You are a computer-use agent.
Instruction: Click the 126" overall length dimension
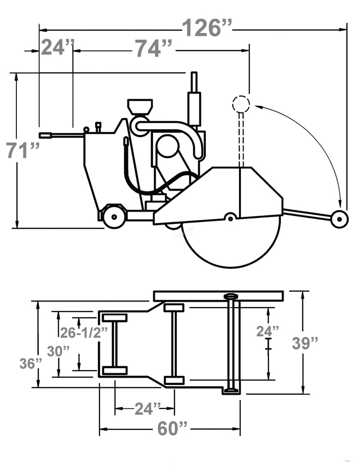coord(207,28)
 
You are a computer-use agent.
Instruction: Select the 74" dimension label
coord(153,49)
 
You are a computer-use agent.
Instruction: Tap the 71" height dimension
coord(23,151)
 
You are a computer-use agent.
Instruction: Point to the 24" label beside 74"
coord(57,47)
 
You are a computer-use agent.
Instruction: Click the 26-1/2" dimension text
coord(84,333)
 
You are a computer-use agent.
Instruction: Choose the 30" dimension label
coord(59,351)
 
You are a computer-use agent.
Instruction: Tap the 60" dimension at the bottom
coord(173,428)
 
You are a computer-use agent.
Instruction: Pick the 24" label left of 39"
coord(267,331)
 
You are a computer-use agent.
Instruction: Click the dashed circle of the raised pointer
coord(241,104)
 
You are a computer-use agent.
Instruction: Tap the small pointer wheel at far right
coord(339,219)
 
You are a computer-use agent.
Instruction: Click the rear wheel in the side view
coord(113,217)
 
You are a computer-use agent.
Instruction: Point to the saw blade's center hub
coord(231,218)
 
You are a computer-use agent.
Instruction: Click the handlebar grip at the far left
coord(46,135)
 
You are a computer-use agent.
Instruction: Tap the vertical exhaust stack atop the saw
coord(194,98)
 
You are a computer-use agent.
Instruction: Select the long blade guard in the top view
coord(219,296)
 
